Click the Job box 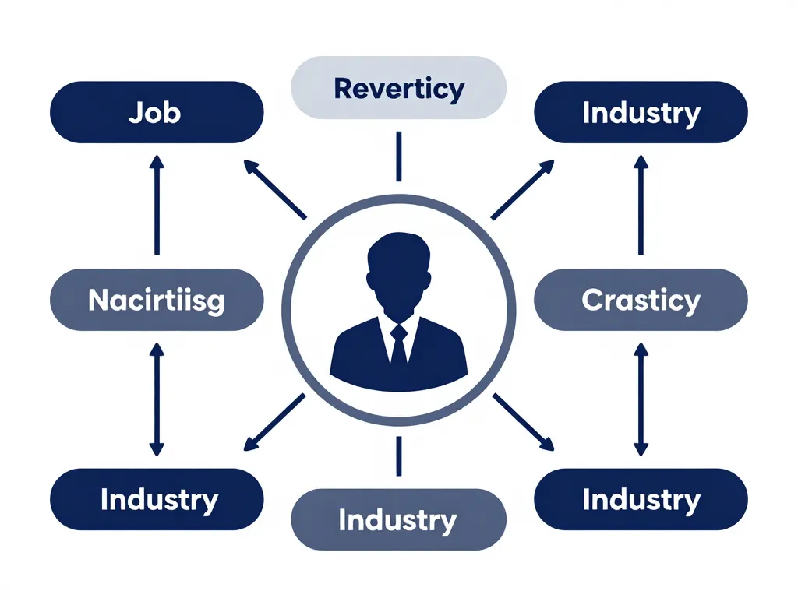point(157,112)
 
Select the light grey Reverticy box point(398,87)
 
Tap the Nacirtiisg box point(157,300)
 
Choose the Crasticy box point(641,300)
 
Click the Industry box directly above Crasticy point(641,112)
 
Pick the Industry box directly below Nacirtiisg point(157,499)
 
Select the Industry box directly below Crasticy point(641,499)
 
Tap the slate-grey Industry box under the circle point(398,519)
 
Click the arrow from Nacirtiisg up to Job point(157,205)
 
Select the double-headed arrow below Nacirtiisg point(157,399)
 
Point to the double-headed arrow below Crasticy point(641,399)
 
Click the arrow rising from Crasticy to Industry point(641,205)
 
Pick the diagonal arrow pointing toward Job point(275,190)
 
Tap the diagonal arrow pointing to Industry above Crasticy point(523,190)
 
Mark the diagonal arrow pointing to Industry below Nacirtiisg point(275,422)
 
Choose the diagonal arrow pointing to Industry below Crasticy point(523,422)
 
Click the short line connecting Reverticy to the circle point(399,156)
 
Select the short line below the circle point(399,456)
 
